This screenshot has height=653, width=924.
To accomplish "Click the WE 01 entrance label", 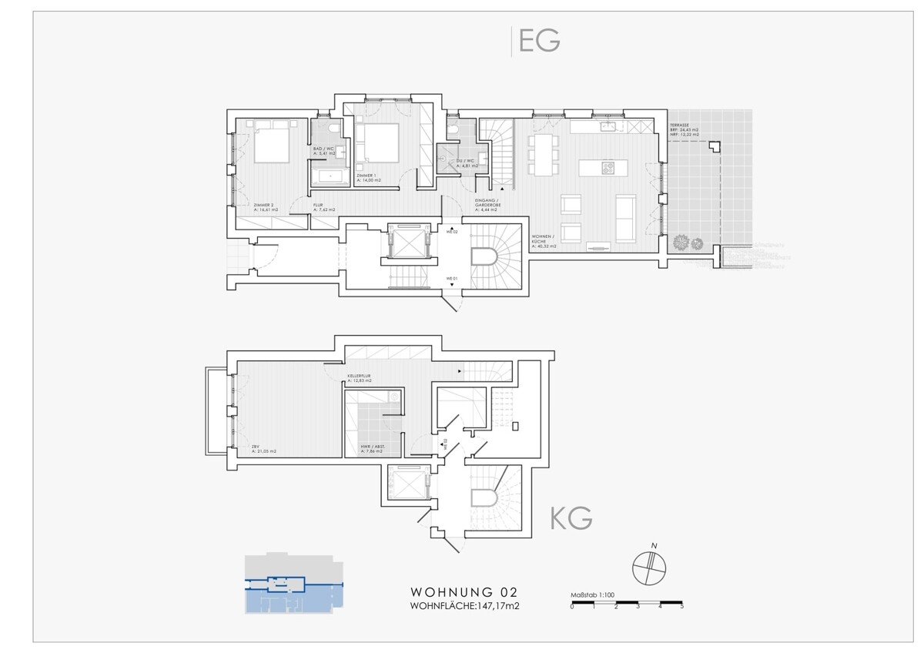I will click(x=452, y=277).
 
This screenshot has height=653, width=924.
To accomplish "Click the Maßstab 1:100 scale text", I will click(x=591, y=595).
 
